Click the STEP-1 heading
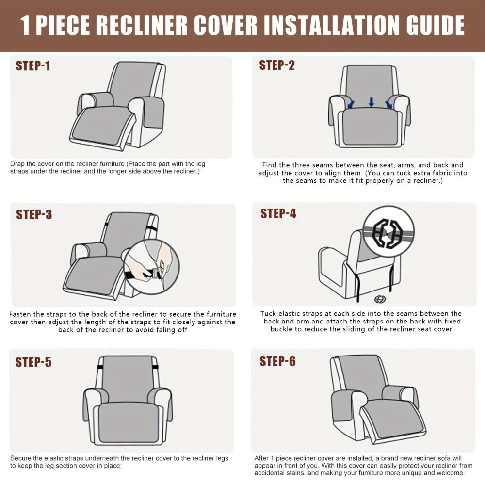tap(33, 66)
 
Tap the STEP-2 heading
tap(277, 65)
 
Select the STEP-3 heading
tap(34, 214)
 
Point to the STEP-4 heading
tap(278, 213)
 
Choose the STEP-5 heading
tap(33, 362)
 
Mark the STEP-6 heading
tap(277, 361)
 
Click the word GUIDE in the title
tap(435, 25)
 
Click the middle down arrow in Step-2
tap(372, 102)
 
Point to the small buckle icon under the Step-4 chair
tap(380, 299)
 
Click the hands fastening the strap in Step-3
tap(150, 266)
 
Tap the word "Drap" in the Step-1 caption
tap(17, 164)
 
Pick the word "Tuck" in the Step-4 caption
tap(269, 314)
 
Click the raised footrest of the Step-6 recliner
tap(393, 419)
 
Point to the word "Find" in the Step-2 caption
tap(269, 165)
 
